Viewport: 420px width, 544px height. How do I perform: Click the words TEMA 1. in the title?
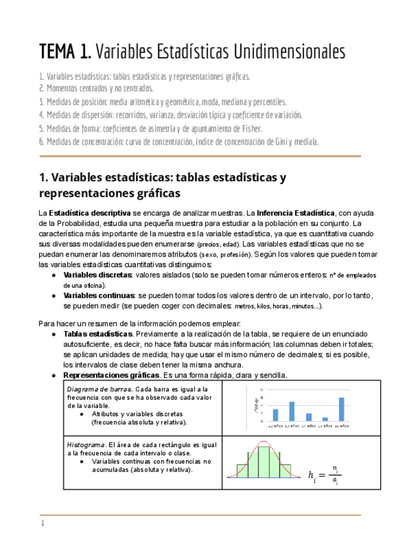tap(65, 51)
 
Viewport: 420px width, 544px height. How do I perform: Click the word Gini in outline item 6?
tap(282, 141)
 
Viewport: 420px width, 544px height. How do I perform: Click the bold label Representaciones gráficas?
tap(112, 375)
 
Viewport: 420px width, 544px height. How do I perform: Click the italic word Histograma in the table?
tap(86, 445)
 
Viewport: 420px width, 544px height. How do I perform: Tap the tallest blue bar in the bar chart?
tap(341, 409)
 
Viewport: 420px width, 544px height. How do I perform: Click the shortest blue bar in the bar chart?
tap(325, 419)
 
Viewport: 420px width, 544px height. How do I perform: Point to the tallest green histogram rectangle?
tap(264, 461)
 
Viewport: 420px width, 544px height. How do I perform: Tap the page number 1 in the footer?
tap(42, 523)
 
